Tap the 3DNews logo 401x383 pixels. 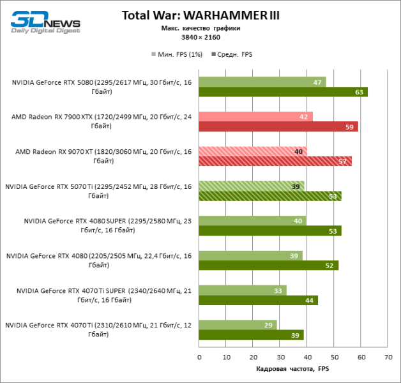click(45, 21)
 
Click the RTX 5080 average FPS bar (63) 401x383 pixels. click(283, 92)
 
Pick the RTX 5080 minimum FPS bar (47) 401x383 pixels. click(262, 82)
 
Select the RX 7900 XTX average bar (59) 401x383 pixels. click(278, 126)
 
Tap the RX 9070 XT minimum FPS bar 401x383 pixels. click(252, 151)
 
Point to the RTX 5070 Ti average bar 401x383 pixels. click(269, 196)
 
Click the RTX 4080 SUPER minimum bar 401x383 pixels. click(252, 221)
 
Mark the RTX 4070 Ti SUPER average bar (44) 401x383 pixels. click(258, 300)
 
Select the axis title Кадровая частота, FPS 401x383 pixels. click(293, 369)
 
